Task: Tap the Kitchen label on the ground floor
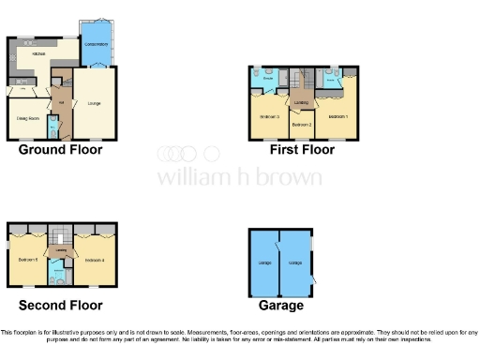39,54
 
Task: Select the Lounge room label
95,102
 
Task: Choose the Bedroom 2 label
301,124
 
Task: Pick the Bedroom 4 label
94,259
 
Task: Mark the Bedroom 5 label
27,259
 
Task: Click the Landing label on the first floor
301,101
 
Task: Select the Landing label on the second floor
60,250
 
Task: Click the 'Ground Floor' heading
61,150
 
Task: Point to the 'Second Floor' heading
60,306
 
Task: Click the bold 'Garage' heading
282,306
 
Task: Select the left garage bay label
264,263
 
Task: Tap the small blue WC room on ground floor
53,124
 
